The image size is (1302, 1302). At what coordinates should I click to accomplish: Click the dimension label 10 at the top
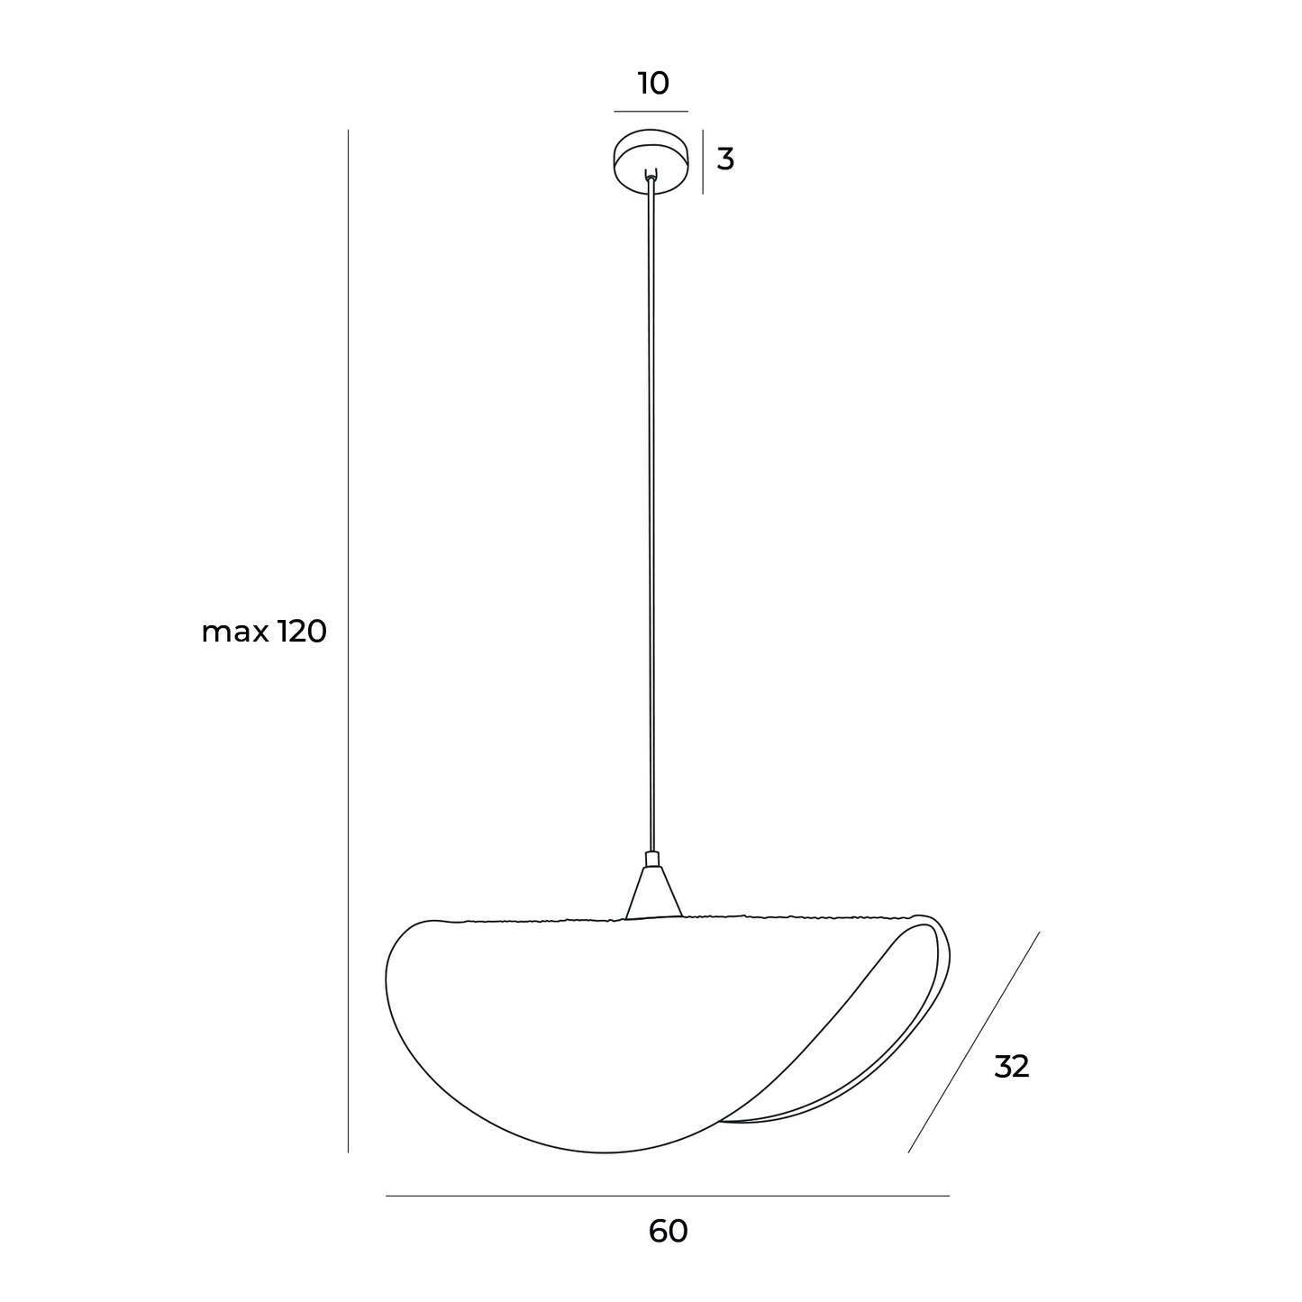coord(653,84)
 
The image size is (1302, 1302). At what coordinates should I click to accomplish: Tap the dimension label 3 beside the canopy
coord(725,159)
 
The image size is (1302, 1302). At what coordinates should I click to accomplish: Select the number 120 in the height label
coord(301,632)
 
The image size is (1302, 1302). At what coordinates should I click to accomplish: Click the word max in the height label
coord(234,633)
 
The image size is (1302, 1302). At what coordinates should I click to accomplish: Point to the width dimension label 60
coord(668,1231)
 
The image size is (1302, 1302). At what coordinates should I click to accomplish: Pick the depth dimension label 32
coord(1011,1067)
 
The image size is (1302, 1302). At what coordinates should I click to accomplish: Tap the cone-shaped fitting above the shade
coord(653,893)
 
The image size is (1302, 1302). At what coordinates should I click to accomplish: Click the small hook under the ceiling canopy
coord(651,176)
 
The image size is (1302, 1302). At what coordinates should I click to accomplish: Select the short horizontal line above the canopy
coord(651,112)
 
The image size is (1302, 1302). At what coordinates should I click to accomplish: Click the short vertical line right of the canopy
coord(703,161)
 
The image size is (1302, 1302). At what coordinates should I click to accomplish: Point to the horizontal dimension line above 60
coord(667,1196)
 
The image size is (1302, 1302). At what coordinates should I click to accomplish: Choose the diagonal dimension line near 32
coord(973,1043)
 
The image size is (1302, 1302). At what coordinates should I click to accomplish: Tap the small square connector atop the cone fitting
coord(652,859)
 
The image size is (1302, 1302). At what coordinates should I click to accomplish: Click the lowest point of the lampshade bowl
coord(605,1152)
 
